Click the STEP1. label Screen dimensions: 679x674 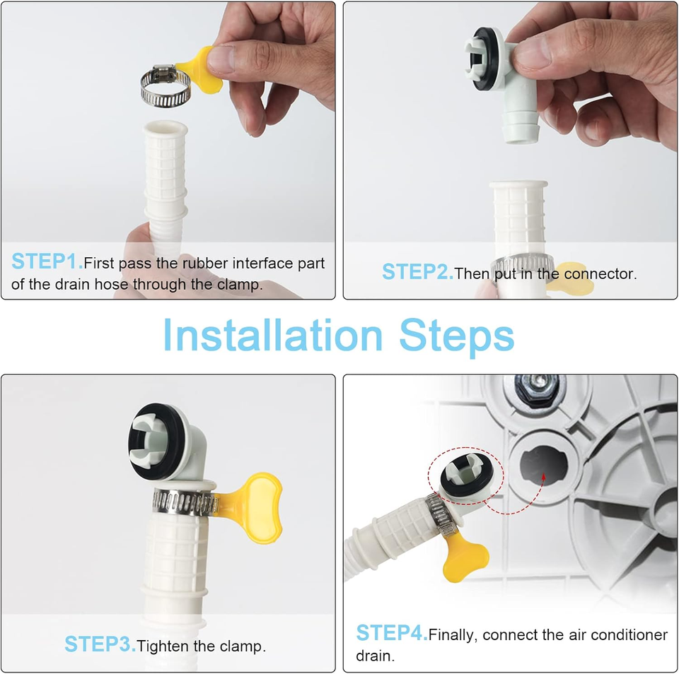coord(47,261)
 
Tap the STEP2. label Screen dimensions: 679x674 coord(417,272)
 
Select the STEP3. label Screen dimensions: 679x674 coord(100,644)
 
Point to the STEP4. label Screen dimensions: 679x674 coord(391,632)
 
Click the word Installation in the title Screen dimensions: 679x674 coord(273,336)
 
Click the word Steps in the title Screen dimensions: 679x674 coord(456,338)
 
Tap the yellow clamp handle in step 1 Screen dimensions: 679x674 coord(199,69)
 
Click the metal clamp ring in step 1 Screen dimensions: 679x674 coord(165,85)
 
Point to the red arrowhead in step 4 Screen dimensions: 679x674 coord(543,477)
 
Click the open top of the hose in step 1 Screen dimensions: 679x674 coord(165,129)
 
